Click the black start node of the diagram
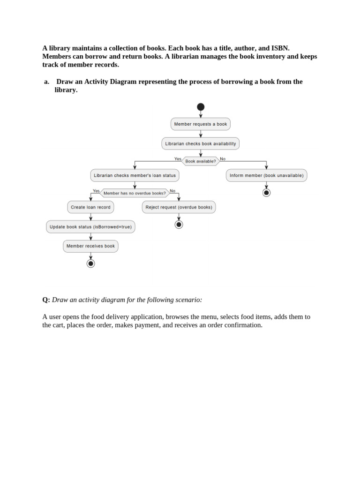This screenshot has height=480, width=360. (201, 107)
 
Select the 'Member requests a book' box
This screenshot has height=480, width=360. (201, 124)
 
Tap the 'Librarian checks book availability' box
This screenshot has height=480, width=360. (201, 143)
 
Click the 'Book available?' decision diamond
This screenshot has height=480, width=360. (201, 161)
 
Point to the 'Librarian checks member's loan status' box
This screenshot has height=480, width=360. (135, 175)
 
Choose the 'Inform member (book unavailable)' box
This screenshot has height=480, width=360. (266, 175)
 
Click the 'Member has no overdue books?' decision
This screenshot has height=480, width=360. (135, 193)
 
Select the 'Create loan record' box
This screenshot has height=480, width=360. (90, 207)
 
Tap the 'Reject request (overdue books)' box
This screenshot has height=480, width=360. (179, 207)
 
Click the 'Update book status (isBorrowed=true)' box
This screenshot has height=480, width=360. (90, 227)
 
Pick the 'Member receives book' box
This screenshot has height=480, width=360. (90, 246)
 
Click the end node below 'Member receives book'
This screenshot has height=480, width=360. (91, 263)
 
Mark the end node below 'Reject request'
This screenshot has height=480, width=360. (179, 225)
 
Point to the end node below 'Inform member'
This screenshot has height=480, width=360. (266, 193)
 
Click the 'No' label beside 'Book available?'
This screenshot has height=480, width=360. (223, 159)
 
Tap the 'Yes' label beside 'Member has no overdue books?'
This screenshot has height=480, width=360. (96, 191)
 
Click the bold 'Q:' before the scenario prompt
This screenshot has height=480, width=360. (46, 300)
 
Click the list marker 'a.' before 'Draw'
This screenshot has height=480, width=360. (47, 82)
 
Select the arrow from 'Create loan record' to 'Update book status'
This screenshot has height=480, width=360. (91, 217)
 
